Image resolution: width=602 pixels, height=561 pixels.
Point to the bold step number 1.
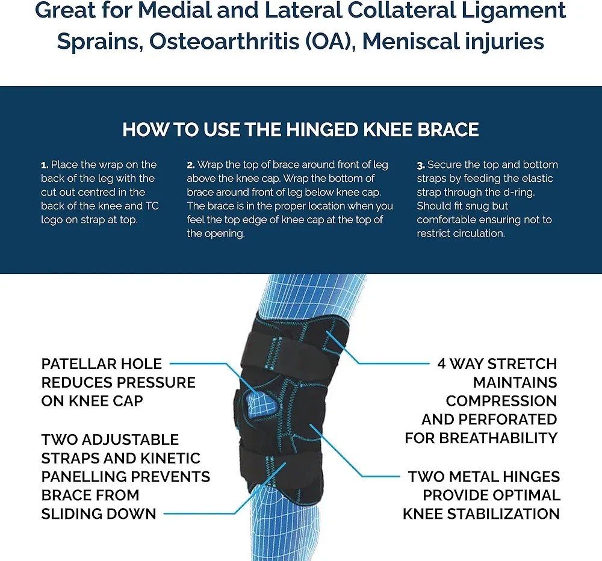(x=44, y=165)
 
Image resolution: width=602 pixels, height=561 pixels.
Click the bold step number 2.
(x=190, y=165)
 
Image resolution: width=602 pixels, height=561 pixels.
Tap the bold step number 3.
(x=420, y=165)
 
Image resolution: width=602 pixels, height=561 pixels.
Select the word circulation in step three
(x=475, y=234)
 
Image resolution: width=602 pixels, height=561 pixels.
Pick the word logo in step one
(x=52, y=220)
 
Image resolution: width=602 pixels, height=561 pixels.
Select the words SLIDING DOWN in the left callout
(x=99, y=513)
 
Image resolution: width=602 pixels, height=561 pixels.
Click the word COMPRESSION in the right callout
(x=501, y=401)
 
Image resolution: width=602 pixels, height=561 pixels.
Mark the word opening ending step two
(x=215, y=234)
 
